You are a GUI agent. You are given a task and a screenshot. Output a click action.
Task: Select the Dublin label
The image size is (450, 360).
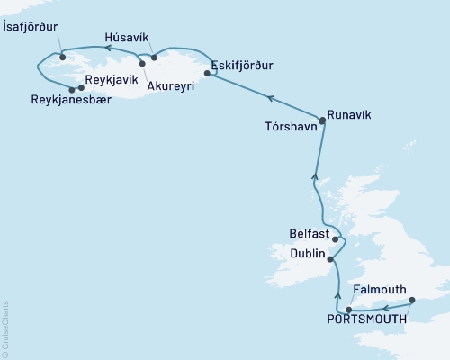pyautogui.click(x=309, y=254)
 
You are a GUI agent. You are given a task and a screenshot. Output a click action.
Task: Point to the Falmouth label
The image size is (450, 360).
pyautogui.click(x=379, y=290)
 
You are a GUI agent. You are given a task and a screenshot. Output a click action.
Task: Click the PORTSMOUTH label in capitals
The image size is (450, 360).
pyautogui.click(x=365, y=318)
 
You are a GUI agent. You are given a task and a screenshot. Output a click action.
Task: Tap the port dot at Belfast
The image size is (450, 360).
pyautogui.click(x=335, y=239)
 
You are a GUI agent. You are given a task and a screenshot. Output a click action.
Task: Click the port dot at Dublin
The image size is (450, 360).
pyautogui.click(x=330, y=260)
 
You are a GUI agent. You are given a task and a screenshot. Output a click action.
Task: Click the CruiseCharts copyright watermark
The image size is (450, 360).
pyautogui.click(x=5, y=328)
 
